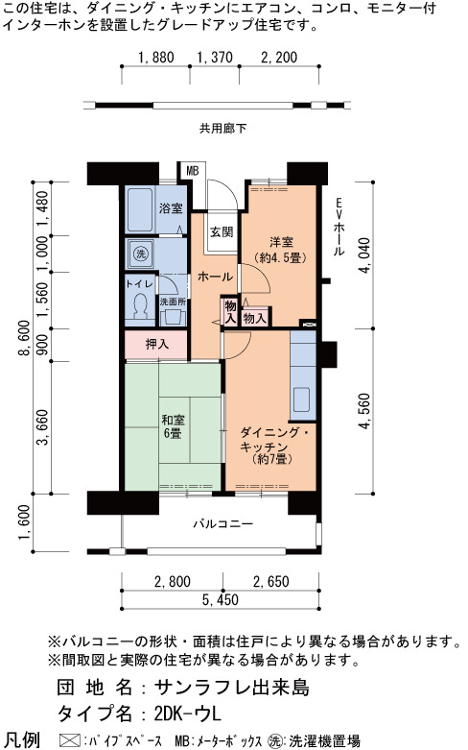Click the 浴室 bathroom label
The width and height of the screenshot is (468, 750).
(171, 208)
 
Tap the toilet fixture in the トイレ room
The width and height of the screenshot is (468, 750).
(140, 306)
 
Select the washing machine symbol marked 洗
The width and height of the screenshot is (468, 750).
(141, 254)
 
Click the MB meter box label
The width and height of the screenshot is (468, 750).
(193, 171)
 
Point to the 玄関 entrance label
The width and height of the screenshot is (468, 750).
(222, 232)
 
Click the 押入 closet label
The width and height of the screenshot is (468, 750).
(157, 344)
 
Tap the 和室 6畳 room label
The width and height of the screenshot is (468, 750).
(173, 426)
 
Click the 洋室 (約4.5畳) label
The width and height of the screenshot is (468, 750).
(280, 250)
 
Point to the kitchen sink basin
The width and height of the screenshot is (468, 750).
(302, 399)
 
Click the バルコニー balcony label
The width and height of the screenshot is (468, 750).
(223, 523)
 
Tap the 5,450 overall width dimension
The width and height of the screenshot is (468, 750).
(220, 600)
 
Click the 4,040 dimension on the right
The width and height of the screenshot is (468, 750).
(364, 254)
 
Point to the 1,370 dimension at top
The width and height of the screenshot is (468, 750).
(215, 58)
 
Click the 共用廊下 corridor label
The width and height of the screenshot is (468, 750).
(223, 128)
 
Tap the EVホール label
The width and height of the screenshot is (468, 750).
(339, 227)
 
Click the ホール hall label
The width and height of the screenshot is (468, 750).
(215, 277)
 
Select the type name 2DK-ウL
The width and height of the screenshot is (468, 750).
(188, 714)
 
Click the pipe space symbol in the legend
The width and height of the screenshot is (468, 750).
(69, 741)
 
